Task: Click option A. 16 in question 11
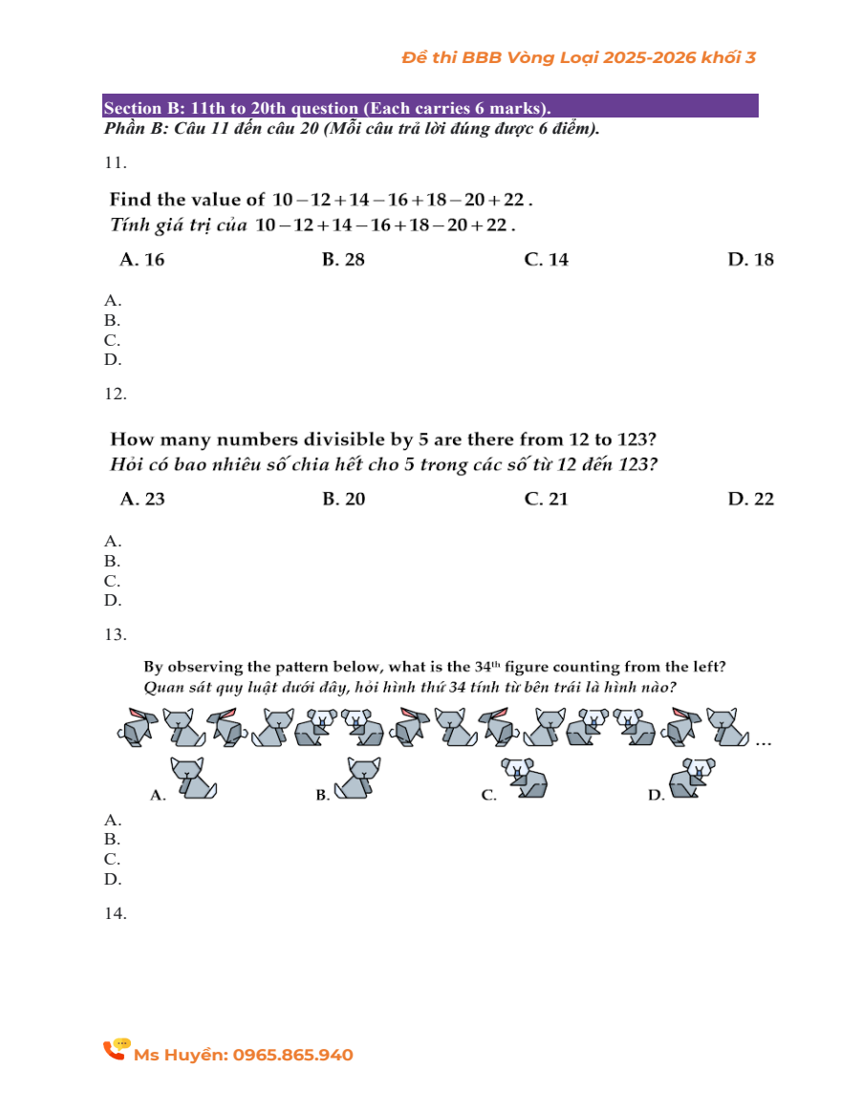[x=142, y=260]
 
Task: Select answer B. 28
[x=344, y=260]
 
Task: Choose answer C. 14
[x=547, y=260]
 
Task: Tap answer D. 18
[x=751, y=260]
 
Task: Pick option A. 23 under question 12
[x=142, y=499]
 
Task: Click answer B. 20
[x=344, y=499]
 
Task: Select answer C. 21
[x=547, y=499]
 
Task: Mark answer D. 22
[x=751, y=499]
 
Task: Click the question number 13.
[x=115, y=634]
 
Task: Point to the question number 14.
[x=115, y=913]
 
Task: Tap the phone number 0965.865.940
[x=292, y=1055]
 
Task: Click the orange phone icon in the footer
[x=116, y=1050]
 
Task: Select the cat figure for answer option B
[x=359, y=778]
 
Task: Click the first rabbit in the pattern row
[x=137, y=727]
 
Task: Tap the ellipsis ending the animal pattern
[x=763, y=741]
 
